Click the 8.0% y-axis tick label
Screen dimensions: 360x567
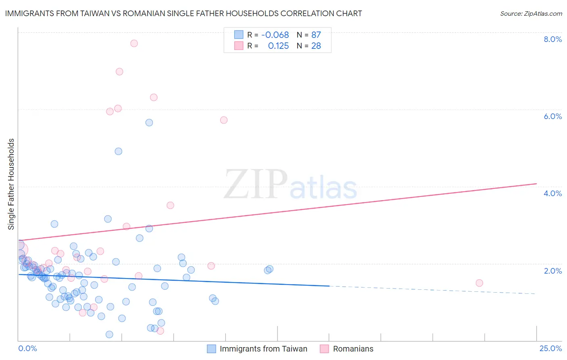tap(552, 39)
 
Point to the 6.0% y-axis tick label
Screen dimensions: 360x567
tap(552, 116)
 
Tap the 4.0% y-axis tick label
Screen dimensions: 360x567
tap(552, 193)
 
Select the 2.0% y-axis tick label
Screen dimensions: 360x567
tap(552, 271)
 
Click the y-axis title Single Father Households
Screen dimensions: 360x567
tap(11, 184)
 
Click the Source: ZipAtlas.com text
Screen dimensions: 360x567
tap(531, 13)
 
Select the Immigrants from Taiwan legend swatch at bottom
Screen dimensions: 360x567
tap(211, 349)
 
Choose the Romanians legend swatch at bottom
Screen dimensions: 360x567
tap(325, 349)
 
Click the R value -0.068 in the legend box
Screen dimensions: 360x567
tap(275, 35)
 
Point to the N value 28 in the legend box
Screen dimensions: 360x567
tap(316, 46)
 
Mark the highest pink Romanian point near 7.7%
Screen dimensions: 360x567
tap(134, 43)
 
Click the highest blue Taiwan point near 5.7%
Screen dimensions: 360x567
tap(149, 122)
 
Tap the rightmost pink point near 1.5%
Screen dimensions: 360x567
tap(479, 283)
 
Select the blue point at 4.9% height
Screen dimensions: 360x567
tap(118, 151)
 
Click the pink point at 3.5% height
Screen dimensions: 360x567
tap(170, 205)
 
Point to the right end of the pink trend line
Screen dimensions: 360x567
tap(536, 184)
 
